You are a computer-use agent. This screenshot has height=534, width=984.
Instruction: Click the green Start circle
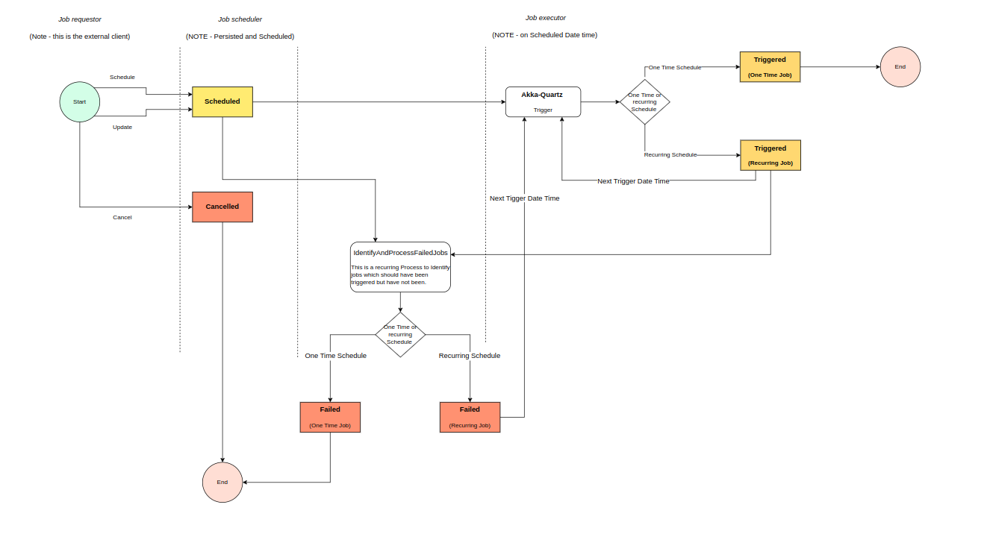click(80, 101)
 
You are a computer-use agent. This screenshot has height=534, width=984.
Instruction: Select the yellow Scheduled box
click(222, 101)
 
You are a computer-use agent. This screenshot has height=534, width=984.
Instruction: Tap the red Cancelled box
click(222, 207)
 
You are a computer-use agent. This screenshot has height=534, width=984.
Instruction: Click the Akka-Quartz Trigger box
click(543, 101)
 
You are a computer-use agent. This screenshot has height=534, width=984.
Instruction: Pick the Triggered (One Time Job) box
click(770, 66)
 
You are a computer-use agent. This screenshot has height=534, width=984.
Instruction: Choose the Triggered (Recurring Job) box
click(770, 155)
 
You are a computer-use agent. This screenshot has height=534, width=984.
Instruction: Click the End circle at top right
click(900, 67)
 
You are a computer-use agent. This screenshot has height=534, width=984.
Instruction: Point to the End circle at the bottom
click(222, 482)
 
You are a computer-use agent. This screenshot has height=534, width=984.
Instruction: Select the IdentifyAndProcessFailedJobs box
click(400, 266)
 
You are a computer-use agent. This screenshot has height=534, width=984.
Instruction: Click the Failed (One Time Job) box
click(330, 417)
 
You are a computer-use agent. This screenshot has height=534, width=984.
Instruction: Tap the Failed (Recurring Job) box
click(470, 417)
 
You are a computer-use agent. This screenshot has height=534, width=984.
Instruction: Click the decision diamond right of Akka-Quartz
click(644, 102)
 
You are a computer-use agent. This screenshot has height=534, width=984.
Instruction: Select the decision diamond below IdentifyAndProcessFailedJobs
click(400, 334)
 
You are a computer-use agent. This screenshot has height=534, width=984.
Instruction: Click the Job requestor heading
click(80, 19)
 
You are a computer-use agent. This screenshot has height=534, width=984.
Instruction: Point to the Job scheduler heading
click(240, 19)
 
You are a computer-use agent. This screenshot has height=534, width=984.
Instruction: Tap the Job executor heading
click(545, 18)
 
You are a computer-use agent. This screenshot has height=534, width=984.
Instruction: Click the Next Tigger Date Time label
click(524, 198)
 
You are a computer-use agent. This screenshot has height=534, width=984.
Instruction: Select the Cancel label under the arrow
click(122, 218)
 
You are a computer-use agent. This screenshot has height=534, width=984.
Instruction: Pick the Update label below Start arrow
click(122, 128)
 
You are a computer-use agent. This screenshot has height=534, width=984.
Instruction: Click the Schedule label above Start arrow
click(122, 78)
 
